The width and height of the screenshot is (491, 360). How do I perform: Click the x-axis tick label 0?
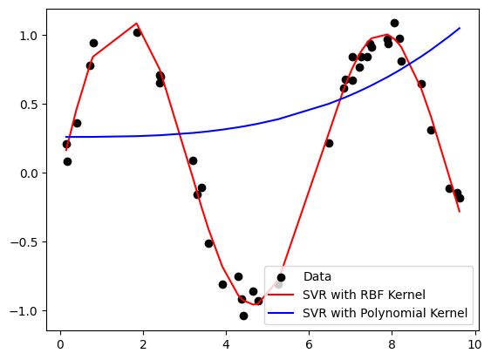coord(60,344)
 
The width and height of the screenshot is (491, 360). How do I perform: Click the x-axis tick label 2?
coord(143,344)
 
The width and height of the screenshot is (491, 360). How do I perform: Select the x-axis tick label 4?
coord(226,344)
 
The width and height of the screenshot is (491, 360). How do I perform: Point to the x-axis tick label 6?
coord(309,344)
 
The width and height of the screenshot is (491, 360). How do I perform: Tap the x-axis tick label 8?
coord(392,344)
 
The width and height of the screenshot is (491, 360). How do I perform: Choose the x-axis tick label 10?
coord(474,344)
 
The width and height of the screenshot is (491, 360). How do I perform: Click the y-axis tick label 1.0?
coord(31,36)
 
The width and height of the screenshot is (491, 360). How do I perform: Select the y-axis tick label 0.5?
coord(31,105)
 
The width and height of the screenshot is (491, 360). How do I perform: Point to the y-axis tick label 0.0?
coord(31,173)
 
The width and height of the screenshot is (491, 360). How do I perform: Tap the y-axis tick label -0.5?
coord(28,242)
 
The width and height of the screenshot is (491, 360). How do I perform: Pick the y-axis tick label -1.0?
coord(28,311)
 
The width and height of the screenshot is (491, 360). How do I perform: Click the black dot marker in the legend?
coord(281,277)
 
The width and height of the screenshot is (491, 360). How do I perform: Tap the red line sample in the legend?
coord(281,295)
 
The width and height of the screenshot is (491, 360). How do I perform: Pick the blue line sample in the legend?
coord(281,312)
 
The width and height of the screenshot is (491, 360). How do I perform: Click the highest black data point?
coord(394,23)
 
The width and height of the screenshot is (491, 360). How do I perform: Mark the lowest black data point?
coord(243,316)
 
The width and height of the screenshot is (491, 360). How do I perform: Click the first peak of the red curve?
coord(137,24)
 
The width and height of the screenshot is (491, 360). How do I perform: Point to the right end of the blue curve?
coord(460,28)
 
